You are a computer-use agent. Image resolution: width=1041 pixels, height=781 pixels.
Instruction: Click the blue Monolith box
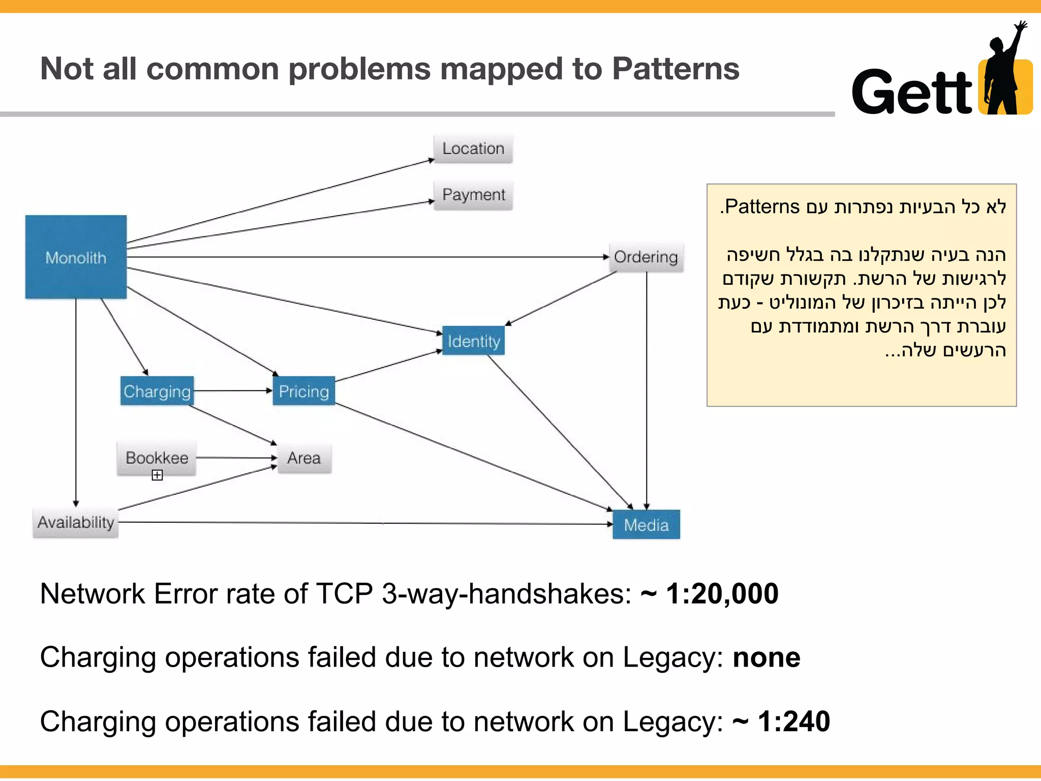click(76, 257)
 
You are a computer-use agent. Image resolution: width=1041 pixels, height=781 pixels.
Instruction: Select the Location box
click(473, 148)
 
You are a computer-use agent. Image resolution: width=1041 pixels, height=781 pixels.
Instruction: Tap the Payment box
click(473, 195)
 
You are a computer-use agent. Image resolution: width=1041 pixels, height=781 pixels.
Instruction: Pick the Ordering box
click(646, 257)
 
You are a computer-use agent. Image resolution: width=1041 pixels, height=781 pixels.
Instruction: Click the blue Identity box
click(473, 341)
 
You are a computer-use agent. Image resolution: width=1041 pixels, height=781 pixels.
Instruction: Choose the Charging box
click(157, 391)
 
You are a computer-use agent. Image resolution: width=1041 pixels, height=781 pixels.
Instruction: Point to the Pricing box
click(303, 391)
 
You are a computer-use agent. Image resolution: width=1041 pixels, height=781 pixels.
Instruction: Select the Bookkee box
click(157, 458)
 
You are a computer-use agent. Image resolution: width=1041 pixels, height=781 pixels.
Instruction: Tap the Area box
click(304, 458)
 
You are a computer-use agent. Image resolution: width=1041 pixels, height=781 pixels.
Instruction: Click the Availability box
click(76, 522)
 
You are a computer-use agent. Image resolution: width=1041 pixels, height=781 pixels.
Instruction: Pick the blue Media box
click(646, 525)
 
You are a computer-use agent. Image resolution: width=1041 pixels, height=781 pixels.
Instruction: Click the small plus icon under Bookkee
click(157, 475)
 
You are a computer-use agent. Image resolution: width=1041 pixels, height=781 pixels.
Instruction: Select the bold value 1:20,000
click(722, 593)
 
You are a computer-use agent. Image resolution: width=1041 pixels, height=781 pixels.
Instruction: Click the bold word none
click(766, 657)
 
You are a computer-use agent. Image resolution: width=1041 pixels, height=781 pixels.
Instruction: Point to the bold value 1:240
click(793, 722)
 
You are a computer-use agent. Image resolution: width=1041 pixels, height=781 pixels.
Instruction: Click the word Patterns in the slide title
click(676, 69)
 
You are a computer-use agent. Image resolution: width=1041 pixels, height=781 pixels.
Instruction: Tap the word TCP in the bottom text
click(344, 593)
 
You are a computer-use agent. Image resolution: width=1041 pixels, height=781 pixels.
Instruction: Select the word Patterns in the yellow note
click(762, 206)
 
